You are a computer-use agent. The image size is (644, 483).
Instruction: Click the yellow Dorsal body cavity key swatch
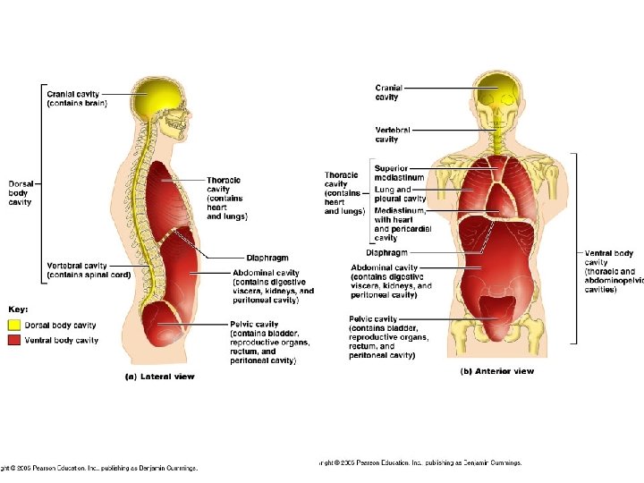tap(16, 326)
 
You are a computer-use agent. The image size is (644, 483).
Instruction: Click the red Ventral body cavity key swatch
tap(16, 340)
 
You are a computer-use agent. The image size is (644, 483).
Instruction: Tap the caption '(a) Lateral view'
tap(158, 377)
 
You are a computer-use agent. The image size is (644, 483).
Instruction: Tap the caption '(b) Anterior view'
tap(496, 371)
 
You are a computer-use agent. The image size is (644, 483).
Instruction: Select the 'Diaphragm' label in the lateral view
tap(266, 258)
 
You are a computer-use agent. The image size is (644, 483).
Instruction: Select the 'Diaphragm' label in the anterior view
tap(386, 253)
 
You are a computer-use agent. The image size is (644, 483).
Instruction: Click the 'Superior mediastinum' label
tap(397, 173)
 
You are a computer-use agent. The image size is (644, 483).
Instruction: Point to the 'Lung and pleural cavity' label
tap(394, 194)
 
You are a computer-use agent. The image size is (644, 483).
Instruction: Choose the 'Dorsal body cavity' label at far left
tap(20, 193)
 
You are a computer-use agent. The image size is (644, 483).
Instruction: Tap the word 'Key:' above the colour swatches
tap(19, 308)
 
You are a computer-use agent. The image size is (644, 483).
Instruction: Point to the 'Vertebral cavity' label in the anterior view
tap(393, 134)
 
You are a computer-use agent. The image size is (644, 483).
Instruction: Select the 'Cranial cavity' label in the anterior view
tap(388, 92)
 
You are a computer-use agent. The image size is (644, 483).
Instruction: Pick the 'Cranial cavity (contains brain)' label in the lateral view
tap(77, 97)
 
